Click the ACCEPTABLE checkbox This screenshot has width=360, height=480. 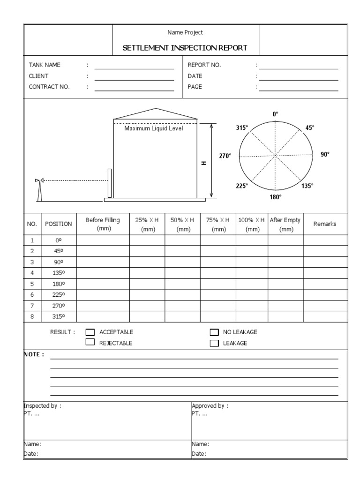90,332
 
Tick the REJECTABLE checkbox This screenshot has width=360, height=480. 90,343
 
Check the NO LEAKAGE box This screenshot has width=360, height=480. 214,332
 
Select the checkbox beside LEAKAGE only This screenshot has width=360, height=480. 214,343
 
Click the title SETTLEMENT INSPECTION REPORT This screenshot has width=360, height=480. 185,48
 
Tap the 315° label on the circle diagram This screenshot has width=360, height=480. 242,127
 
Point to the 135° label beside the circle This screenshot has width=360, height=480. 307,186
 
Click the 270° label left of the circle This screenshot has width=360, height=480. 225,156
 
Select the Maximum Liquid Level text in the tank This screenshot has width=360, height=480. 154,129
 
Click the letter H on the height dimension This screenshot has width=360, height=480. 204,163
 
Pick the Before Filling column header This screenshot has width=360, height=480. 103,224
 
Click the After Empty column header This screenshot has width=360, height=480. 285,224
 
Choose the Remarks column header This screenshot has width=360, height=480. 325,224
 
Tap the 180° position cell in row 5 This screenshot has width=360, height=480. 58,284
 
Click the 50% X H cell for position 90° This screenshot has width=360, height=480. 182,262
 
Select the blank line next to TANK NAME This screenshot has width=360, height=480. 134,68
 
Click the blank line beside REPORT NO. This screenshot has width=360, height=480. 298,68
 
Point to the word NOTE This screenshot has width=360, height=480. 34,354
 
